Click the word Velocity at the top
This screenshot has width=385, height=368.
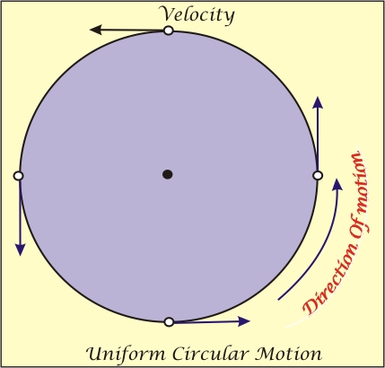point(197,14)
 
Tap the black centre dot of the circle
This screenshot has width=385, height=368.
point(168,174)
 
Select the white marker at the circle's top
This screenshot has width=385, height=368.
point(169,31)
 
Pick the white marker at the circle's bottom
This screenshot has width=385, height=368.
point(169,322)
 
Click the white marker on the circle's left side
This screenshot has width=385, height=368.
point(19,176)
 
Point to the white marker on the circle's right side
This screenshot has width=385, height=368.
point(318,175)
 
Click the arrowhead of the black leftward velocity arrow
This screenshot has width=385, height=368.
point(95,30)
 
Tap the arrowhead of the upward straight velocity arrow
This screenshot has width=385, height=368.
point(318,102)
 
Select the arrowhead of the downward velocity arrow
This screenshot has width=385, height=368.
point(20,250)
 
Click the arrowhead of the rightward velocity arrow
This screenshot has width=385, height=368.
point(244,321)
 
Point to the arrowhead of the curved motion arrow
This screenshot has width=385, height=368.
point(337,184)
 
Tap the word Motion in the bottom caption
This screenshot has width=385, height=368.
point(289,354)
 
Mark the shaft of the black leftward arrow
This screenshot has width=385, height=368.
point(132,30)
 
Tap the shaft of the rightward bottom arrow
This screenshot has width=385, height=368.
point(206,322)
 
